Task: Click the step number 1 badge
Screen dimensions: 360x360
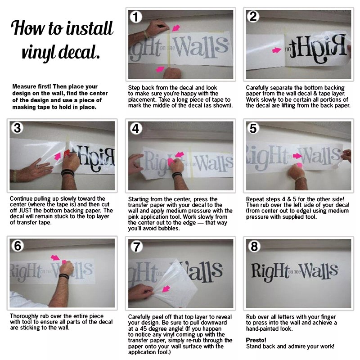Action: (136, 17)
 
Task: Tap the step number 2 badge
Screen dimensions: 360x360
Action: (253, 17)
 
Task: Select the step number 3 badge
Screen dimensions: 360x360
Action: (17, 128)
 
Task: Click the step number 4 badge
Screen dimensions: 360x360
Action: (136, 128)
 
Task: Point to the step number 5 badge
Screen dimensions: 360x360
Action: (253, 128)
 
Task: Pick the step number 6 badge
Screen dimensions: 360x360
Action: (18, 246)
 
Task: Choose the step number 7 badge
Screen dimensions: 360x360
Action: (137, 247)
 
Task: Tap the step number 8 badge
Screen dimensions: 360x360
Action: (254, 246)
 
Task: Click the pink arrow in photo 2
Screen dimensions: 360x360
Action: (276, 50)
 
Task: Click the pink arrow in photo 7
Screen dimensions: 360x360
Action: (166, 288)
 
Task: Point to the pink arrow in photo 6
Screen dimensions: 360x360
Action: (55, 257)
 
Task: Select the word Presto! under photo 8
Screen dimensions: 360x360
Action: (256, 340)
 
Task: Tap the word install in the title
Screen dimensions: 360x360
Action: (90, 28)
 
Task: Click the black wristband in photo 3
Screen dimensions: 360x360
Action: (67, 172)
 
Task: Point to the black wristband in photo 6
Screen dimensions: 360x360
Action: (64, 276)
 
